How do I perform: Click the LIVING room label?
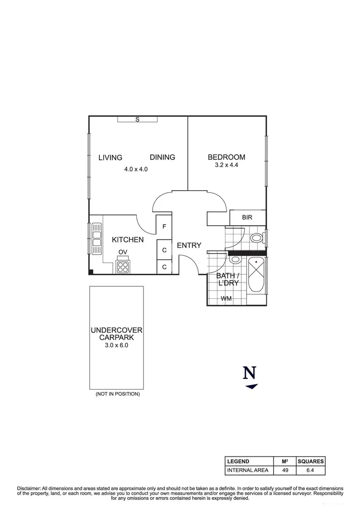pos(110,158)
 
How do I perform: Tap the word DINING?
pos(162,157)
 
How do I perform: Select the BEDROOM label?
pos(226,157)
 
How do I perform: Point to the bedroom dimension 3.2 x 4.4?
pos(226,166)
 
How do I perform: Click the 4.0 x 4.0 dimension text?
pos(136,169)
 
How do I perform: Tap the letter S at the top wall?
pos(137,120)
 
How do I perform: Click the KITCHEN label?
pos(128,240)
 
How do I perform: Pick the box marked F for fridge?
pos(164,227)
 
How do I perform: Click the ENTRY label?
pos(189,245)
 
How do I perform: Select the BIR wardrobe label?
pos(247,218)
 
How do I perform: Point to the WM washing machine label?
pos(226,299)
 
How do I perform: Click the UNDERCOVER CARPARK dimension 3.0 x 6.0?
pos(117,345)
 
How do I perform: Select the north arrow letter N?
pos(249,373)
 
